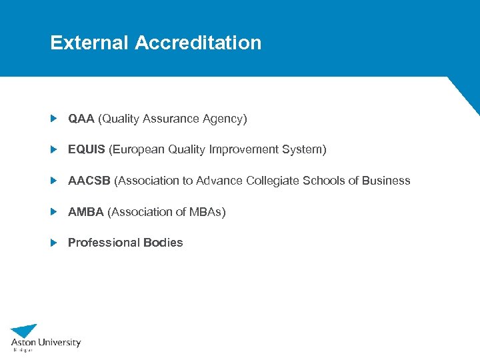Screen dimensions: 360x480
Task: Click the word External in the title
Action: pyautogui.click(x=89, y=43)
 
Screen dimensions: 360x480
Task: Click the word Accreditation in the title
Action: pyautogui.click(x=198, y=43)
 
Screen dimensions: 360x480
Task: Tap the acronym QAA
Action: pyautogui.click(x=81, y=119)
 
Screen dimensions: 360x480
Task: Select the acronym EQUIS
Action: pyautogui.click(x=87, y=149)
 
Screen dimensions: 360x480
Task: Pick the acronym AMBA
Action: pyautogui.click(x=86, y=212)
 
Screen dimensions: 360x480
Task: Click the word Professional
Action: pyautogui.click(x=99, y=243)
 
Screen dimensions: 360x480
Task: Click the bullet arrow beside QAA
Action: pyautogui.click(x=55, y=119)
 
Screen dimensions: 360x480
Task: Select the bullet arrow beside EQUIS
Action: pyautogui.click(x=55, y=149)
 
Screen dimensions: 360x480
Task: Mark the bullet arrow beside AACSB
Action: pyautogui.click(x=55, y=181)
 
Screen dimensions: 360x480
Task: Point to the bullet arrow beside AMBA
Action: pyautogui.click(x=55, y=212)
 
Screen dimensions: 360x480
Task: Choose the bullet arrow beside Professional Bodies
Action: pyautogui.click(x=55, y=243)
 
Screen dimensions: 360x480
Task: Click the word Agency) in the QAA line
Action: pyautogui.click(x=227, y=119)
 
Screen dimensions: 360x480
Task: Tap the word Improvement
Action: pyautogui.click(x=243, y=149)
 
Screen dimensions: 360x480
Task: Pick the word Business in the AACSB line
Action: pyautogui.click(x=386, y=181)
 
